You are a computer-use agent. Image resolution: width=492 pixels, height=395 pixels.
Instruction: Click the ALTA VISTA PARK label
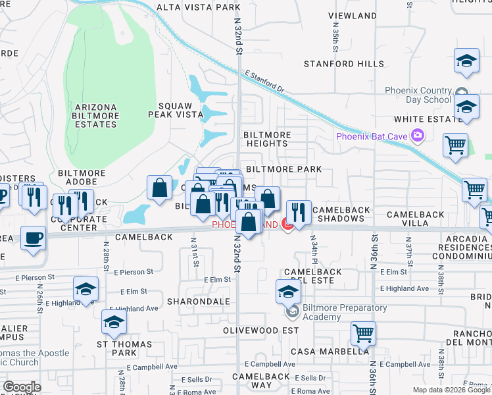[198, 7]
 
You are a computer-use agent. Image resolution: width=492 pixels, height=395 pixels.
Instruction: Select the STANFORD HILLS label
[343, 64]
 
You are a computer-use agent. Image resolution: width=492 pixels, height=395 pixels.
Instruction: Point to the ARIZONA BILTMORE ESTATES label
[96, 116]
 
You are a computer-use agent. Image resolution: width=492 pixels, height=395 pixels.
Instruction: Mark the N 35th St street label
[335, 41]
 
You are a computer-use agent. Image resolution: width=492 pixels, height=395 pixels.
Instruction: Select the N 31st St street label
[195, 252]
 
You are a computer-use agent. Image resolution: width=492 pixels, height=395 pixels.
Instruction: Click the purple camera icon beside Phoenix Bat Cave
[416, 136]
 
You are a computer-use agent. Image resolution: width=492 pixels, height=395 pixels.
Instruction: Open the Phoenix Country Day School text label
[418, 95]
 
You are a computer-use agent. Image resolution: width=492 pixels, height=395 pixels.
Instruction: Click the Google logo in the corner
[22, 387]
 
